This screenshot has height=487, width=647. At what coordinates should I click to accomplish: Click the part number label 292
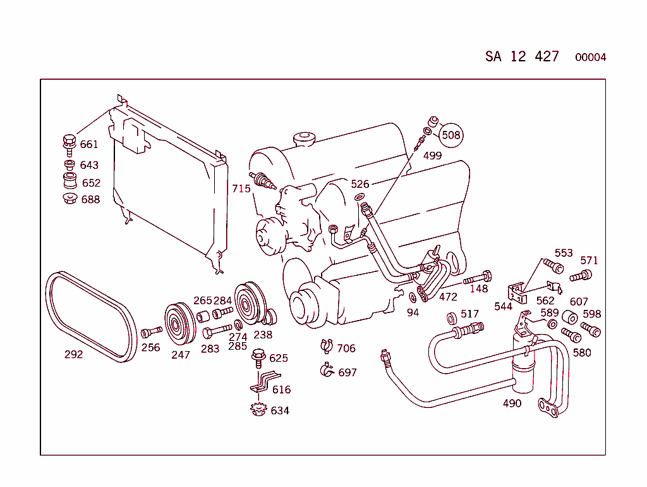[x=73, y=354]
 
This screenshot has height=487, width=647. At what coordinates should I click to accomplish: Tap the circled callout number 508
[x=451, y=135]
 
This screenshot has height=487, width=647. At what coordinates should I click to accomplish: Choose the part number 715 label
[x=241, y=188]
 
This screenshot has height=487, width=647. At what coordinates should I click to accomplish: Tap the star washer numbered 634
[x=257, y=409]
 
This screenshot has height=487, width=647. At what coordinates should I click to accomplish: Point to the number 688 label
[x=90, y=199]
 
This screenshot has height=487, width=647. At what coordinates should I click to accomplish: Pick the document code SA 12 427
[x=522, y=56]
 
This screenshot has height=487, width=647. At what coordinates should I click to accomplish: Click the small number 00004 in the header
[x=590, y=58]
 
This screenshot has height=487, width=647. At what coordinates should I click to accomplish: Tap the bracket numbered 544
[x=517, y=293]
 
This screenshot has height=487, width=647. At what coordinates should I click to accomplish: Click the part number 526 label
[x=360, y=184]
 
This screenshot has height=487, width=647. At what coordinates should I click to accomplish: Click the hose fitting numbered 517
[x=470, y=328]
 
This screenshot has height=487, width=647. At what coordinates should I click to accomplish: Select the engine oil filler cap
[x=304, y=139]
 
